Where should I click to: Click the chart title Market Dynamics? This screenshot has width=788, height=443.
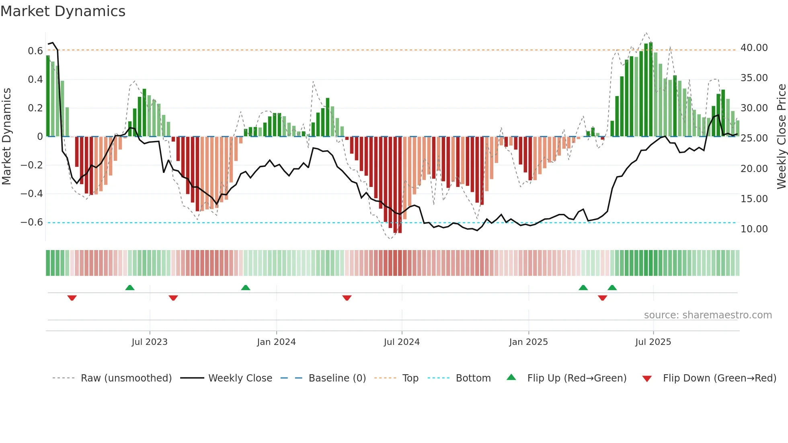(63, 11)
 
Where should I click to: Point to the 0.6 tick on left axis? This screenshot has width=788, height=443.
(35, 51)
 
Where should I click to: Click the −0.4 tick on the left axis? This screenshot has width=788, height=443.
(32, 194)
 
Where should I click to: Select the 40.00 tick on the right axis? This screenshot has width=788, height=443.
(754, 48)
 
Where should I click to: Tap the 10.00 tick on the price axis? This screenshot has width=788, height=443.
(754, 229)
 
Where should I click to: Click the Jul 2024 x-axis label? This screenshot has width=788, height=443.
(401, 342)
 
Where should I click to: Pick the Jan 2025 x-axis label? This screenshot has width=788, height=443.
(528, 342)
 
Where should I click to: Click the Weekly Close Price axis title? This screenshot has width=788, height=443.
(781, 136)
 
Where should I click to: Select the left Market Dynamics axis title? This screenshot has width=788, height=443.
(6, 136)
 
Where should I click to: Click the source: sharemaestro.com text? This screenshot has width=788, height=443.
(708, 315)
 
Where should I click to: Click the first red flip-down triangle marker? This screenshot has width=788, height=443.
(72, 297)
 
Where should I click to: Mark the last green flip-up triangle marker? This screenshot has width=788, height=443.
(612, 288)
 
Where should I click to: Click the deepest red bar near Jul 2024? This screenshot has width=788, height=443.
(400, 185)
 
